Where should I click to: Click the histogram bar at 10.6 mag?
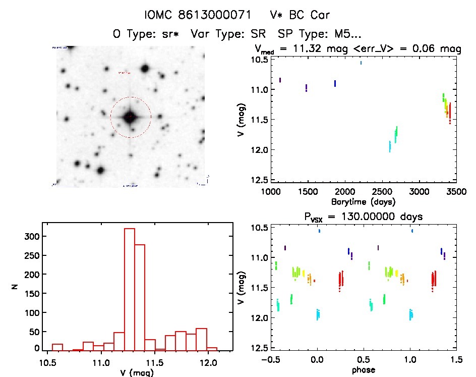(57, 347)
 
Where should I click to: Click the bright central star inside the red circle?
(130, 117)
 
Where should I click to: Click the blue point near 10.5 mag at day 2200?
(361, 63)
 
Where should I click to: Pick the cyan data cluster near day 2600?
(390, 146)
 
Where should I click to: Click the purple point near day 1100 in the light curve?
(280, 80)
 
